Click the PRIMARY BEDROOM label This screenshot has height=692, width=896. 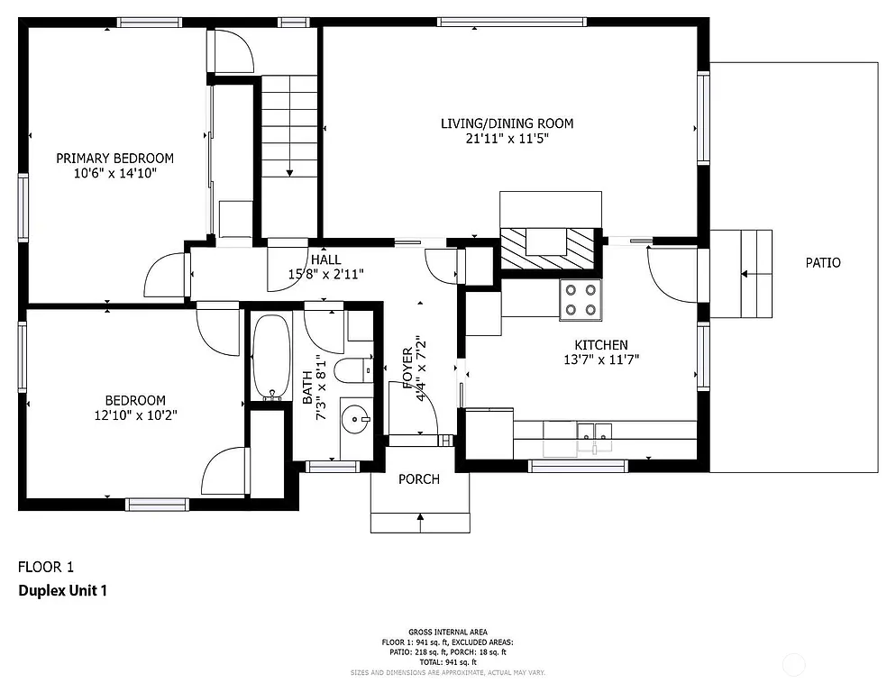pyautogui.click(x=114, y=158)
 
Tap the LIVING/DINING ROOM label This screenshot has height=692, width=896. pyautogui.click(x=507, y=123)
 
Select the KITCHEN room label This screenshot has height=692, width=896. pyautogui.click(x=601, y=345)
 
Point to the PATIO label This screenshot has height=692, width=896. pyautogui.click(x=822, y=263)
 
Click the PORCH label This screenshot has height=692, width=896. pyautogui.click(x=419, y=479)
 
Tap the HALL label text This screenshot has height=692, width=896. pyautogui.click(x=325, y=259)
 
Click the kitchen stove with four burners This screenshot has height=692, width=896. pyautogui.click(x=581, y=300)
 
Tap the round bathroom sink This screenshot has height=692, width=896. pyautogui.click(x=357, y=419)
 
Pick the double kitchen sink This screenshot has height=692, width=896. pyautogui.click(x=594, y=437)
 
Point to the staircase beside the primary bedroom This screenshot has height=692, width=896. pyautogui.click(x=289, y=126)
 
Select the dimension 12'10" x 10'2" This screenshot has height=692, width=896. pyautogui.click(x=135, y=415)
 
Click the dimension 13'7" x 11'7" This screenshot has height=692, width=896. pyautogui.click(x=601, y=360)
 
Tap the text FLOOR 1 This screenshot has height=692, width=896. pyautogui.click(x=46, y=567)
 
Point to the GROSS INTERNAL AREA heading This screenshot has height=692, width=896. pyautogui.click(x=447, y=632)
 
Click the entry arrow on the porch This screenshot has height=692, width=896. pyautogui.click(x=420, y=517)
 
